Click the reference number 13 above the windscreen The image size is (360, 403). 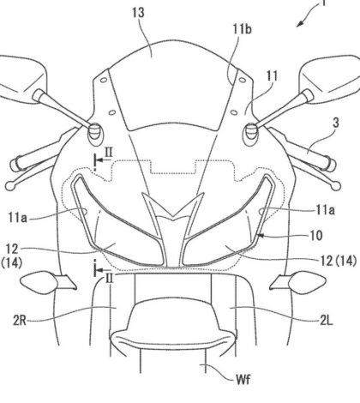click(138, 13)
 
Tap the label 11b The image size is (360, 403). click(242, 29)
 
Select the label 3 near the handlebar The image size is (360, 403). click(336, 123)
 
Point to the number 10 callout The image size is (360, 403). click(315, 236)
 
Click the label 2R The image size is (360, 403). click(20, 321)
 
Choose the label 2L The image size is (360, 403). click(327, 321)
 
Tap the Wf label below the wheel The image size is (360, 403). click(243, 380)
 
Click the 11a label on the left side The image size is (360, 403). click(18, 218)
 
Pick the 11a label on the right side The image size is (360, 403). click(326, 210)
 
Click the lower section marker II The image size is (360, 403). click(110, 279)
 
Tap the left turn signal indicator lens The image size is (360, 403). click(39, 281)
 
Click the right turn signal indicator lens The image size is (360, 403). click(307, 282)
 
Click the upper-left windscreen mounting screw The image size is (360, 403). click(104, 80)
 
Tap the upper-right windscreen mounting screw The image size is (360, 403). click(243, 80)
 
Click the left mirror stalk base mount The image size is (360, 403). click(95, 133)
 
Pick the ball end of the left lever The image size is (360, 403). click(10, 186)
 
